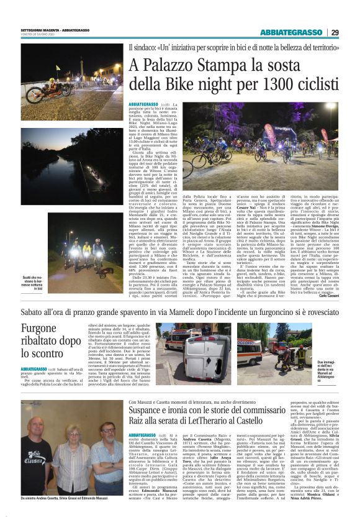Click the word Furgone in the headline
44,327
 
